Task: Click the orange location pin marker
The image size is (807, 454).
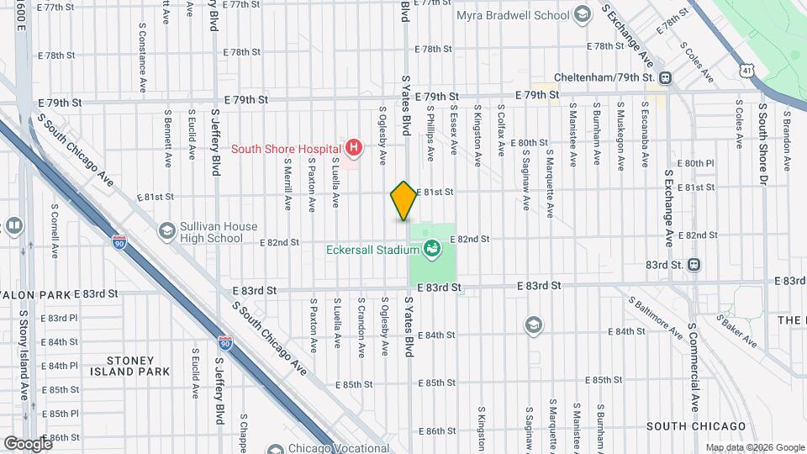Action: point(403,200)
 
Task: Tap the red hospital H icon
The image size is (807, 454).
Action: point(355,149)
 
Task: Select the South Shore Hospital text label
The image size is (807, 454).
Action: point(284,149)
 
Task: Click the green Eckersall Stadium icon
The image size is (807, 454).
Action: point(431,248)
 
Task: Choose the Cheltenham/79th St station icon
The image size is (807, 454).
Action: point(665,78)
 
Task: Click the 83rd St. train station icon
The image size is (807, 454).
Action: point(694,264)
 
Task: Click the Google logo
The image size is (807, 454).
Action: point(28,443)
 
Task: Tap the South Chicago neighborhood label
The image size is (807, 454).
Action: point(695,426)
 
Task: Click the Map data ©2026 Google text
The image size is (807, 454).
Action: point(754,447)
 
